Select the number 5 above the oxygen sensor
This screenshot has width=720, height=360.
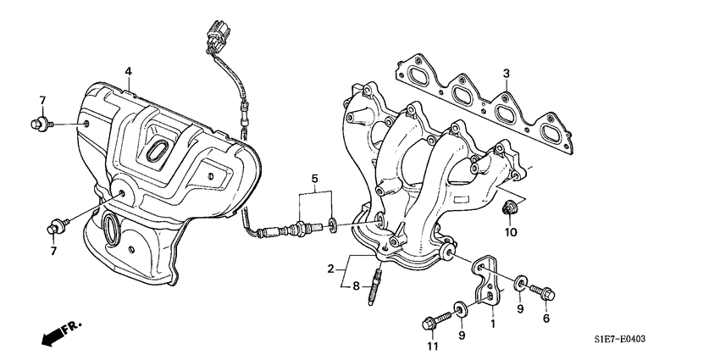pos(313,180)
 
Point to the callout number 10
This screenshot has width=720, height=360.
pos(511,231)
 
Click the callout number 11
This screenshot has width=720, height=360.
pos(433,346)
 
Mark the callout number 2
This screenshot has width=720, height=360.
pos(330,269)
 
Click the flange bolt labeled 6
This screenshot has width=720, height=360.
pos(542,293)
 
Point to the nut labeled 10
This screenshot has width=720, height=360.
pos(510,208)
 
